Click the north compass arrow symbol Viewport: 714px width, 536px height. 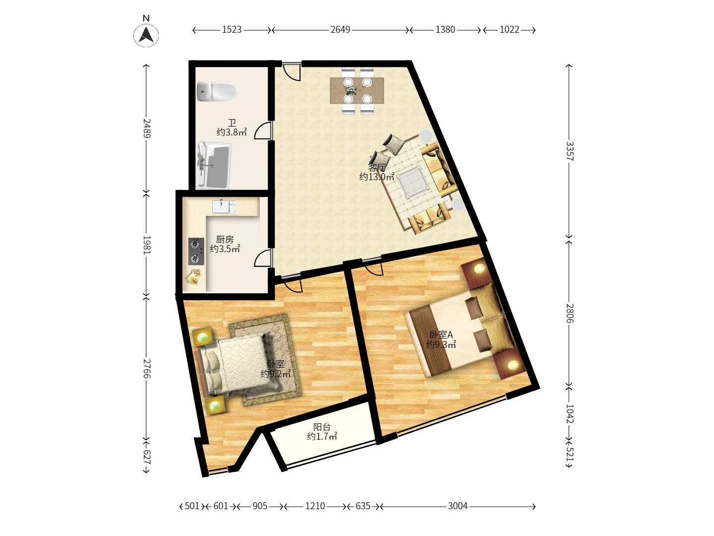tap(146, 35)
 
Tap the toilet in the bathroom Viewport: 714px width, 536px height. tap(217, 91)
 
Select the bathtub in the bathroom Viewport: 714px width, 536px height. tap(214, 165)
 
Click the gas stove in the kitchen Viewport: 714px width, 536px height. tap(196, 251)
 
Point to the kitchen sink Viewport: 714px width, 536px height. tap(224, 207)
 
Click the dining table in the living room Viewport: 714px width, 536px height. tap(357, 90)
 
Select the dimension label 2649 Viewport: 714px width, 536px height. tap(340, 30)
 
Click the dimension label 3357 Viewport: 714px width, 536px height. tap(569, 151)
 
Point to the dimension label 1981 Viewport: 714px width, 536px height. tap(147, 245)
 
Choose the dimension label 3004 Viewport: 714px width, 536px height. tap(457, 506)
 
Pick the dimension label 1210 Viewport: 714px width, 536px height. tap(315, 506)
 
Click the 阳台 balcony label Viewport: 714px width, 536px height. tap(322, 427)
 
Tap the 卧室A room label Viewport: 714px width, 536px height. tap(441, 335)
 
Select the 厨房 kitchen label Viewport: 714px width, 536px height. tap(225, 240)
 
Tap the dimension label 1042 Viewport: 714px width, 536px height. tap(569, 413)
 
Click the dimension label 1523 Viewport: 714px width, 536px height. tap(232, 30)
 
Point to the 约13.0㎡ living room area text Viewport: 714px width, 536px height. tap(377, 177)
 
